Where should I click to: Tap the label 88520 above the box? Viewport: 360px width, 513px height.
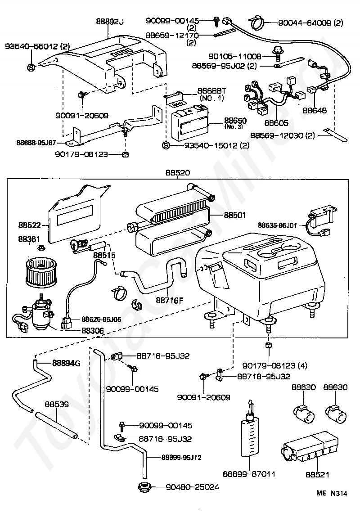178,172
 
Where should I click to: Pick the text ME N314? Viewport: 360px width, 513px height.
332,493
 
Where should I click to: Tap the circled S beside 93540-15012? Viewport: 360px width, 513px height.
166,145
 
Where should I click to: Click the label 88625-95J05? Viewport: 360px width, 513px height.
101,319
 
